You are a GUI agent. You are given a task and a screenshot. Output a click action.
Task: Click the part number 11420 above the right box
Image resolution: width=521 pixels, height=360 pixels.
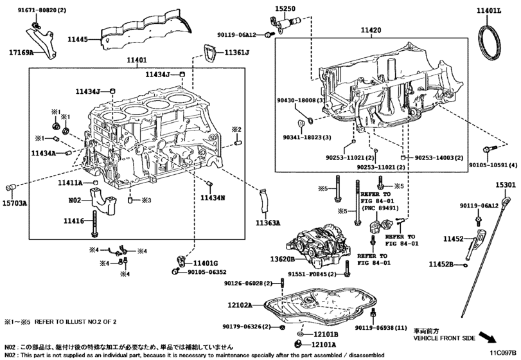click(x=371, y=30)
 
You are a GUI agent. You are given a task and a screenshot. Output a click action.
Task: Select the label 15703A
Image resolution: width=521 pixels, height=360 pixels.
click(x=15, y=203)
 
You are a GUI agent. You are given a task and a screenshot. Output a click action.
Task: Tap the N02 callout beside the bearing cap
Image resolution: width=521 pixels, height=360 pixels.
click(x=76, y=201)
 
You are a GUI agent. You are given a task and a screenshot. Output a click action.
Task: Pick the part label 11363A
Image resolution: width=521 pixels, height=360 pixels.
click(x=269, y=223)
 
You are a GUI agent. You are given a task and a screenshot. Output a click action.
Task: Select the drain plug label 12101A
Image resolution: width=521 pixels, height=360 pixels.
click(x=326, y=345)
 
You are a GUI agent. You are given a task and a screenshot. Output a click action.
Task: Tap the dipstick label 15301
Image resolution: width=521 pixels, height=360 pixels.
click(x=505, y=184)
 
